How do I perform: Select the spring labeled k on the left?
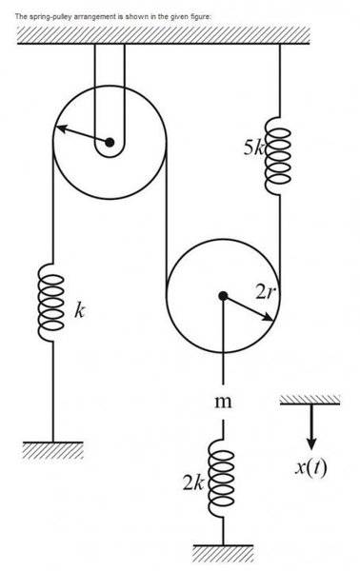(50, 303)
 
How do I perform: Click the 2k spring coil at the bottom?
(223, 481)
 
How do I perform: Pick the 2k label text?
(194, 482)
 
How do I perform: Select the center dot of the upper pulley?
(110, 144)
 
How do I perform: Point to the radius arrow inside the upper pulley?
(82, 135)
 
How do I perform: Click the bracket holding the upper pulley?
(110, 76)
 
